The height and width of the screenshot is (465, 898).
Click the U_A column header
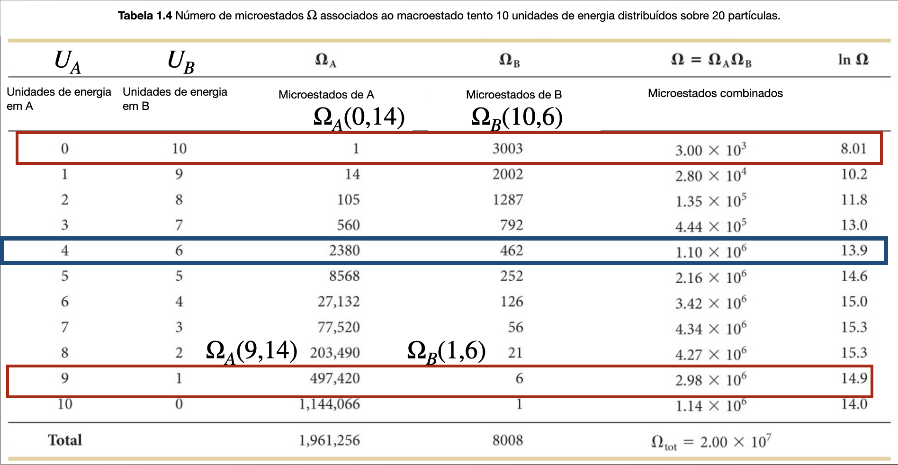click(x=67, y=62)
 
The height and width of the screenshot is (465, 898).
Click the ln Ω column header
click(x=853, y=60)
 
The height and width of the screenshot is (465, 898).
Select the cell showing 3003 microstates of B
click(x=507, y=149)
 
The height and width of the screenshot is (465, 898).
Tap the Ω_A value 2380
click(x=344, y=250)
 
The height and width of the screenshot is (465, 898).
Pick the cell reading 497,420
click(x=335, y=378)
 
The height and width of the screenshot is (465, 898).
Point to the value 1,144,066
click(x=329, y=404)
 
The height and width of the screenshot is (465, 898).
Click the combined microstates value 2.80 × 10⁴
click(x=710, y=176)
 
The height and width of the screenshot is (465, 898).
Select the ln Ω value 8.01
click(x=853, y=149)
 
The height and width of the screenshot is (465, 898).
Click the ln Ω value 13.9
click(x=854, y=250)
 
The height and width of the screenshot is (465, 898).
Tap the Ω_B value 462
click(x=512, y=250)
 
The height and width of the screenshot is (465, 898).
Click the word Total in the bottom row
click(x=65, y=440)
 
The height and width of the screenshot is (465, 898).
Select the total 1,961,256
click(x=329, y=440)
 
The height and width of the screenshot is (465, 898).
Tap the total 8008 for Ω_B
click(x=507, y=440)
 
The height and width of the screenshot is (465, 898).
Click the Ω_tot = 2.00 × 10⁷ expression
click(x=710, y=442)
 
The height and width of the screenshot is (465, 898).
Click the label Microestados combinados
click(x=715, y=93)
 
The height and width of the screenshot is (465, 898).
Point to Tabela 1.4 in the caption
click(x=145, y=16)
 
